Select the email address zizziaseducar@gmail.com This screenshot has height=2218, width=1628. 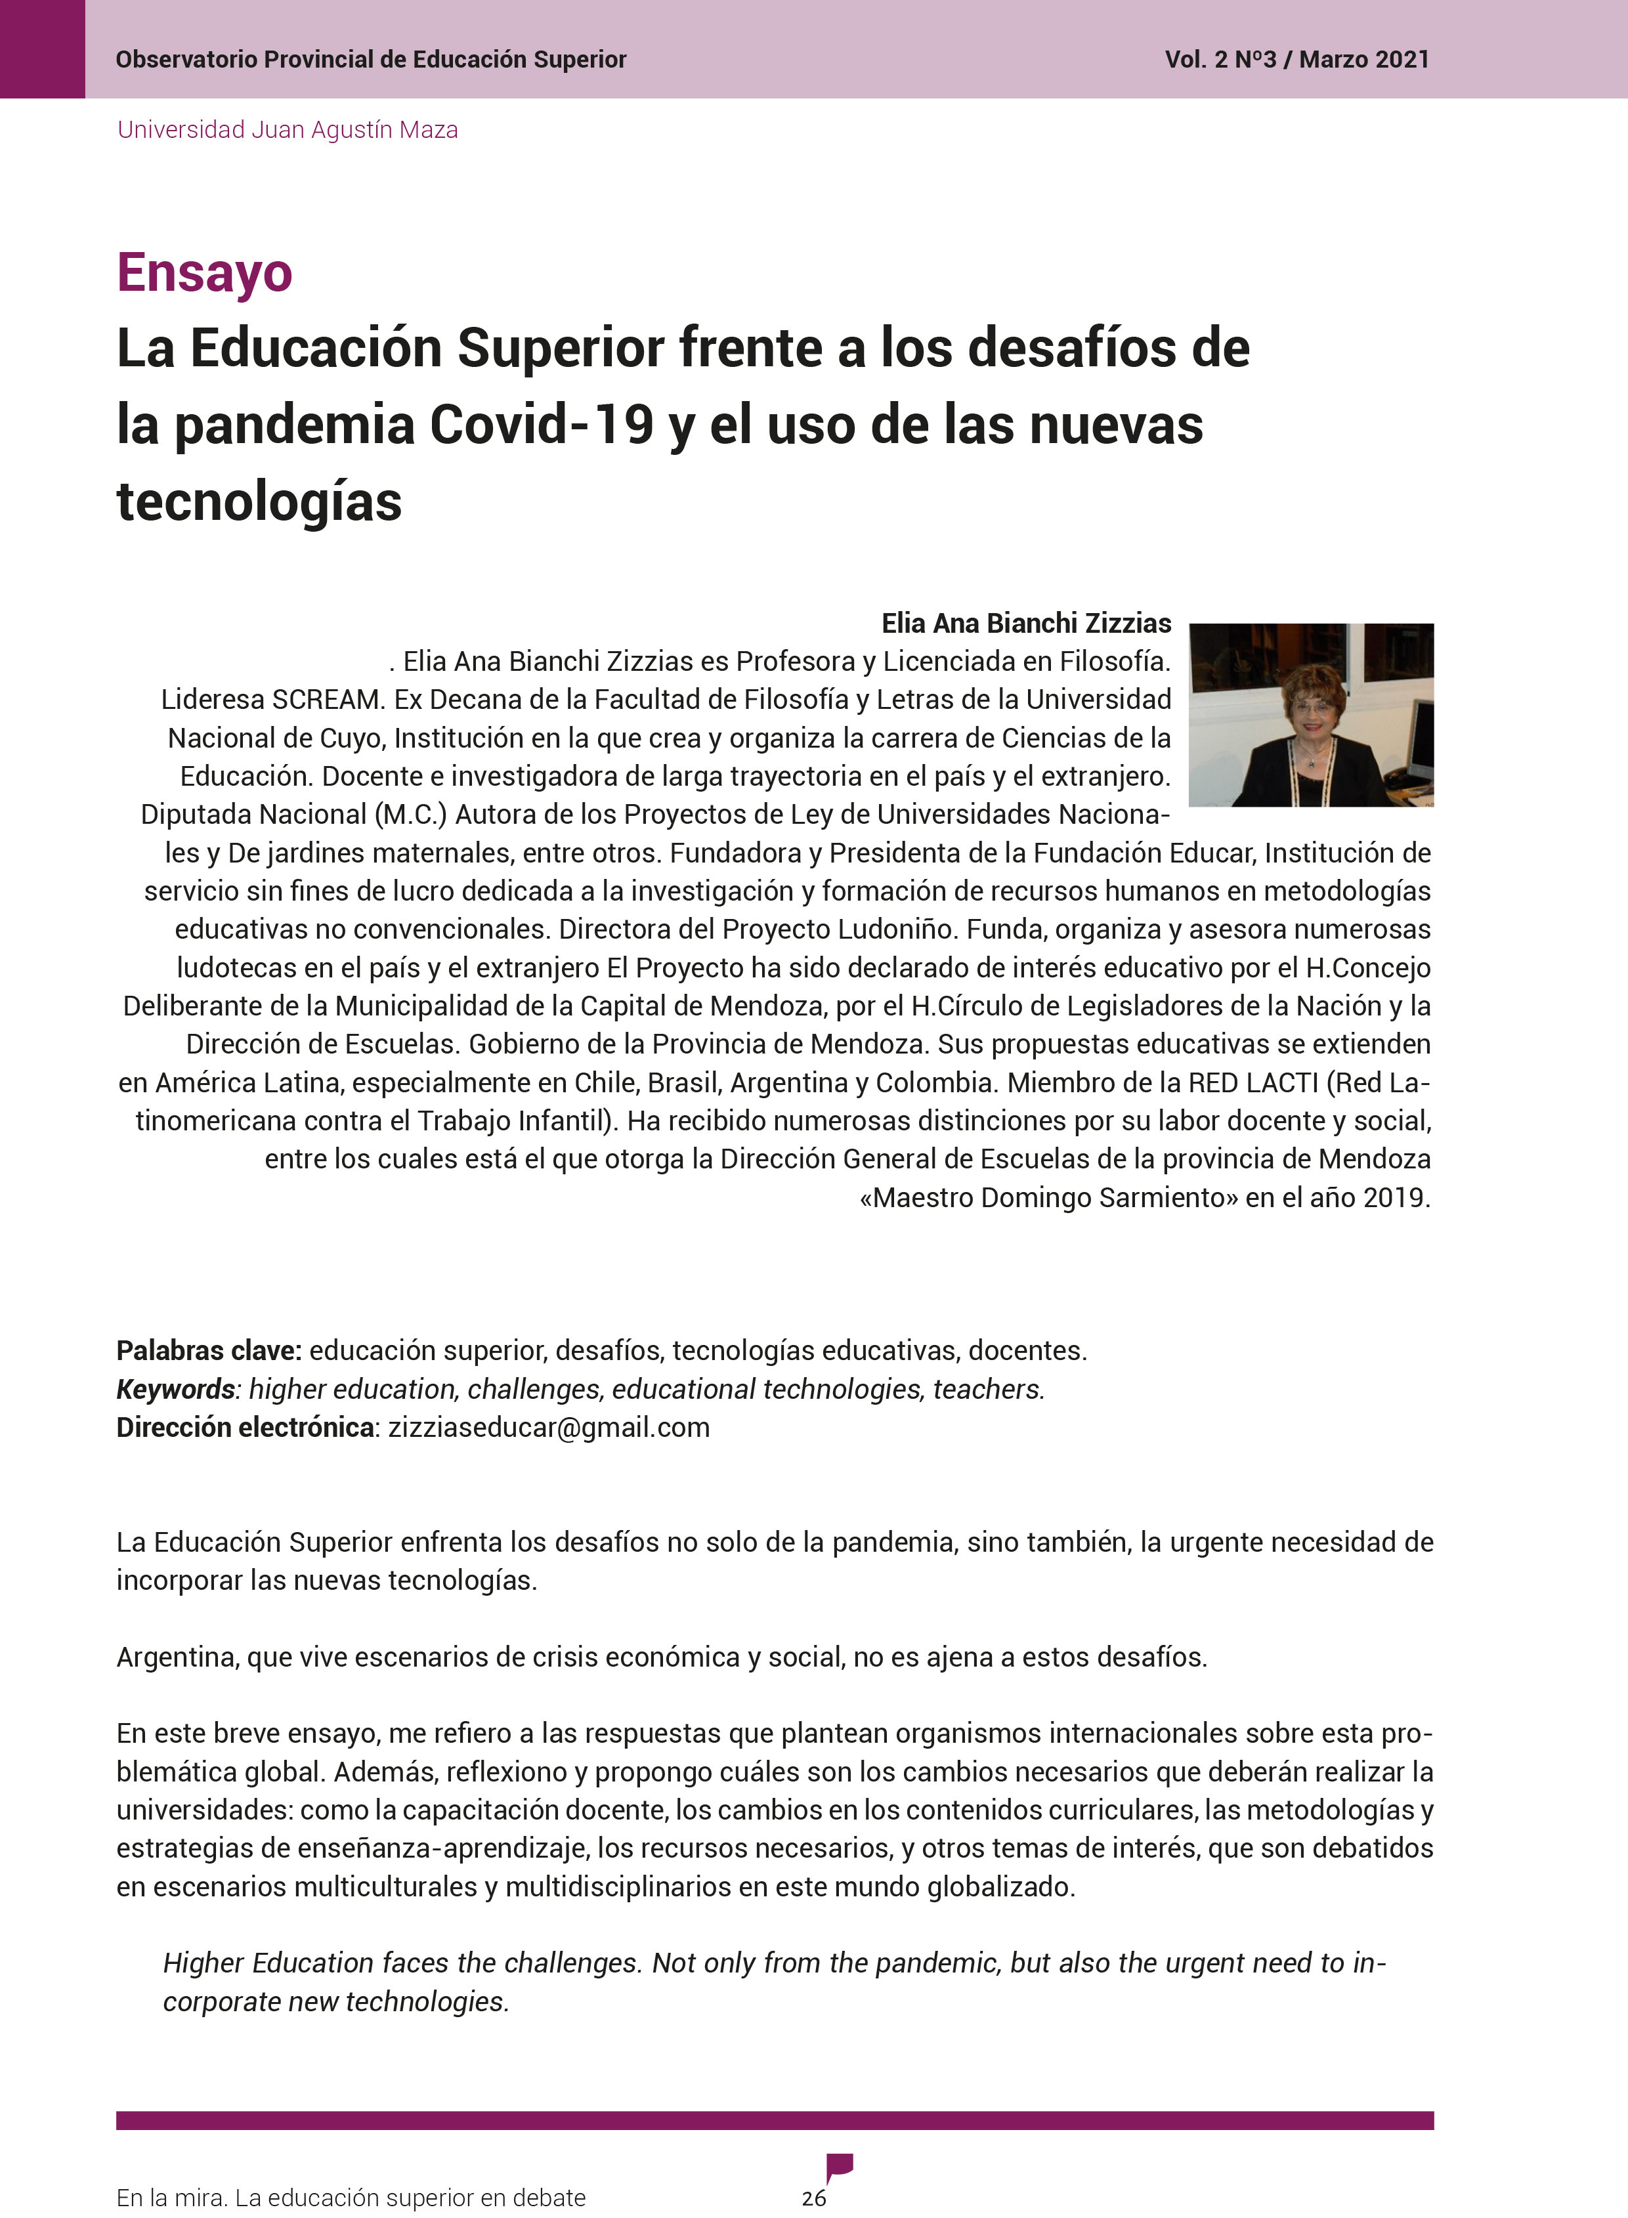[549, 1427]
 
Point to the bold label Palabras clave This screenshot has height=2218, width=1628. [208, 1350]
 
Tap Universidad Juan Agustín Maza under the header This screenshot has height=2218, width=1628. [287, 130]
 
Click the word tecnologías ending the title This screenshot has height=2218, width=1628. [259, 501]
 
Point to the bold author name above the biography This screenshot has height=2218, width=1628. [1026, 623]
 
